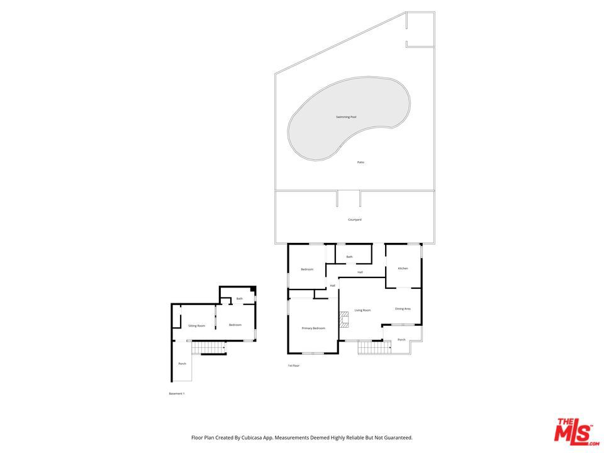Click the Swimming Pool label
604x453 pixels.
(x=346, y=117)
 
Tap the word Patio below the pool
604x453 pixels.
(x=361, y=162)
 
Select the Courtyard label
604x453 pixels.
(x=354, y=220)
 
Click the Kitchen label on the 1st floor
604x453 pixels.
(x=403, y=269)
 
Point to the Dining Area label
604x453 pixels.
(x=403, y=308)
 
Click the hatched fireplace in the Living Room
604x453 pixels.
(x=344, y=320)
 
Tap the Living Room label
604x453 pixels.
(x=362, y=310)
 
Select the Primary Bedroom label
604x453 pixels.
(x=313, y=328)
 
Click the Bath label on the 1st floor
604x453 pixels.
(x=349, y=257)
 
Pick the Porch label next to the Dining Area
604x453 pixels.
(x=401, y=340)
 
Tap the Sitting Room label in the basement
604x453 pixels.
(x=197, y=325)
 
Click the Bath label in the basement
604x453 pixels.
(x=239, y=299)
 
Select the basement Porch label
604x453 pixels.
(x=182, y=364)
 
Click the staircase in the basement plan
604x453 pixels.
(x=208, y=347)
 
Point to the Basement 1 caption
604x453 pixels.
(x=177, y=394)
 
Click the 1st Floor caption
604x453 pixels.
(x=294, y=366)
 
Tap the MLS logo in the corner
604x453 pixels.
(x=573, y=431)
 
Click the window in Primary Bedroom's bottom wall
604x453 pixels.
(x=313, y=353)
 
